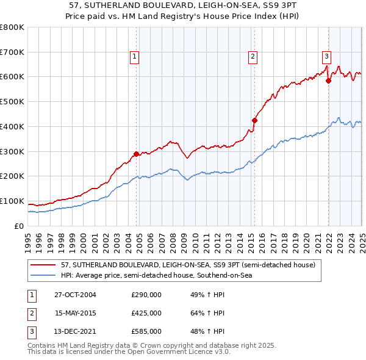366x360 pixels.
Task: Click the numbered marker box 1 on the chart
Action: click(134, 57)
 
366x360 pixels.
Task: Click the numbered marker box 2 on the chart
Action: click(252, 57)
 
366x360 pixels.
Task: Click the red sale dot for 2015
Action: click(254, 120)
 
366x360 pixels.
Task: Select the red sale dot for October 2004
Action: click(137, 154)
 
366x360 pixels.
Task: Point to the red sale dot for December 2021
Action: click(328, 81)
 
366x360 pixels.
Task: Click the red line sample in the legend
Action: click(43, 265)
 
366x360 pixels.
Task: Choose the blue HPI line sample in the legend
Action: click(43, 276)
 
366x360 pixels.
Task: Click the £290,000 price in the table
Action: click(146, 295)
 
